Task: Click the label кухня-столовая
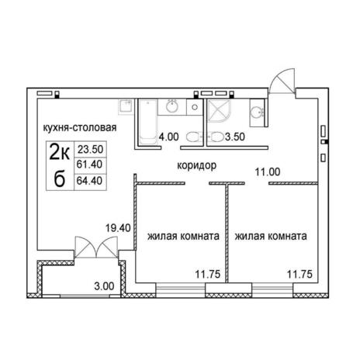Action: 80,127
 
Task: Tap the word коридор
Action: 197,165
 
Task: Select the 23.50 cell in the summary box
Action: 90,149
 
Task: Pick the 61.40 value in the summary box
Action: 90,164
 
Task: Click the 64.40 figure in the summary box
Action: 90,181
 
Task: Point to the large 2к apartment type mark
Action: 60,154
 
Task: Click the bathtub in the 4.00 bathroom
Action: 147,122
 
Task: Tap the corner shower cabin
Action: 219,111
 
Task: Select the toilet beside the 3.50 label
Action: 216,137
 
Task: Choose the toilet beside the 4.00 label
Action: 193,137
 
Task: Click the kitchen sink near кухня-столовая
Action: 126,107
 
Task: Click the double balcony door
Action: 96,247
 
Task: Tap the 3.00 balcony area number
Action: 104,286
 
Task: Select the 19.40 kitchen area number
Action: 118,228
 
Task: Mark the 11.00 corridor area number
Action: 268,171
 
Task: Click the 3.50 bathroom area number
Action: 235,137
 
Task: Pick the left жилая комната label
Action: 183,236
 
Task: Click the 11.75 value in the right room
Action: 300,274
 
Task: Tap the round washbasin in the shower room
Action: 256,112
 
